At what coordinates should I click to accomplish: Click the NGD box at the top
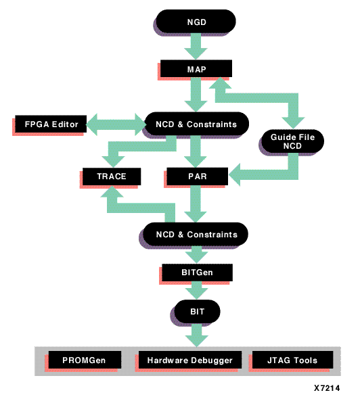[196, 22]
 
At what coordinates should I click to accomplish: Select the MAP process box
[196, 68]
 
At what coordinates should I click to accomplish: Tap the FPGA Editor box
[51, 124]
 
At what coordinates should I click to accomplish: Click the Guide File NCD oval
[293, 141]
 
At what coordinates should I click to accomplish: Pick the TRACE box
[112, 176]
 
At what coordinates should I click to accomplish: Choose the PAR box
[198, 176]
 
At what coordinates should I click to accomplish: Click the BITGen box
[198, 273]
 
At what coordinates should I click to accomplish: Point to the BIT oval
[197, 312]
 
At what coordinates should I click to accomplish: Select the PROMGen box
[85, 360]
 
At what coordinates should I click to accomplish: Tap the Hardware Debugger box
[190, 360]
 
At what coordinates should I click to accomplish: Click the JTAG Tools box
[292, 360]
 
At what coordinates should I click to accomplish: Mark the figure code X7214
[327, 388]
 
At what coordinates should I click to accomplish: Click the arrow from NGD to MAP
[196, 46]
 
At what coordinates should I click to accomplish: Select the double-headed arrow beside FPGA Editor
[116, 124]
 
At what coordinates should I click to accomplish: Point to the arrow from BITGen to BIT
[196, 290]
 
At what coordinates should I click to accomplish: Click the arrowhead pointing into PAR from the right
[235, 175]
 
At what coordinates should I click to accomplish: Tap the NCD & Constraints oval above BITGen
[196, 234]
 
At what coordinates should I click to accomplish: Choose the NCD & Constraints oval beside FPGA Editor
[196, 124]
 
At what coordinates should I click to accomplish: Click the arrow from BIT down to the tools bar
[196, 335]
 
